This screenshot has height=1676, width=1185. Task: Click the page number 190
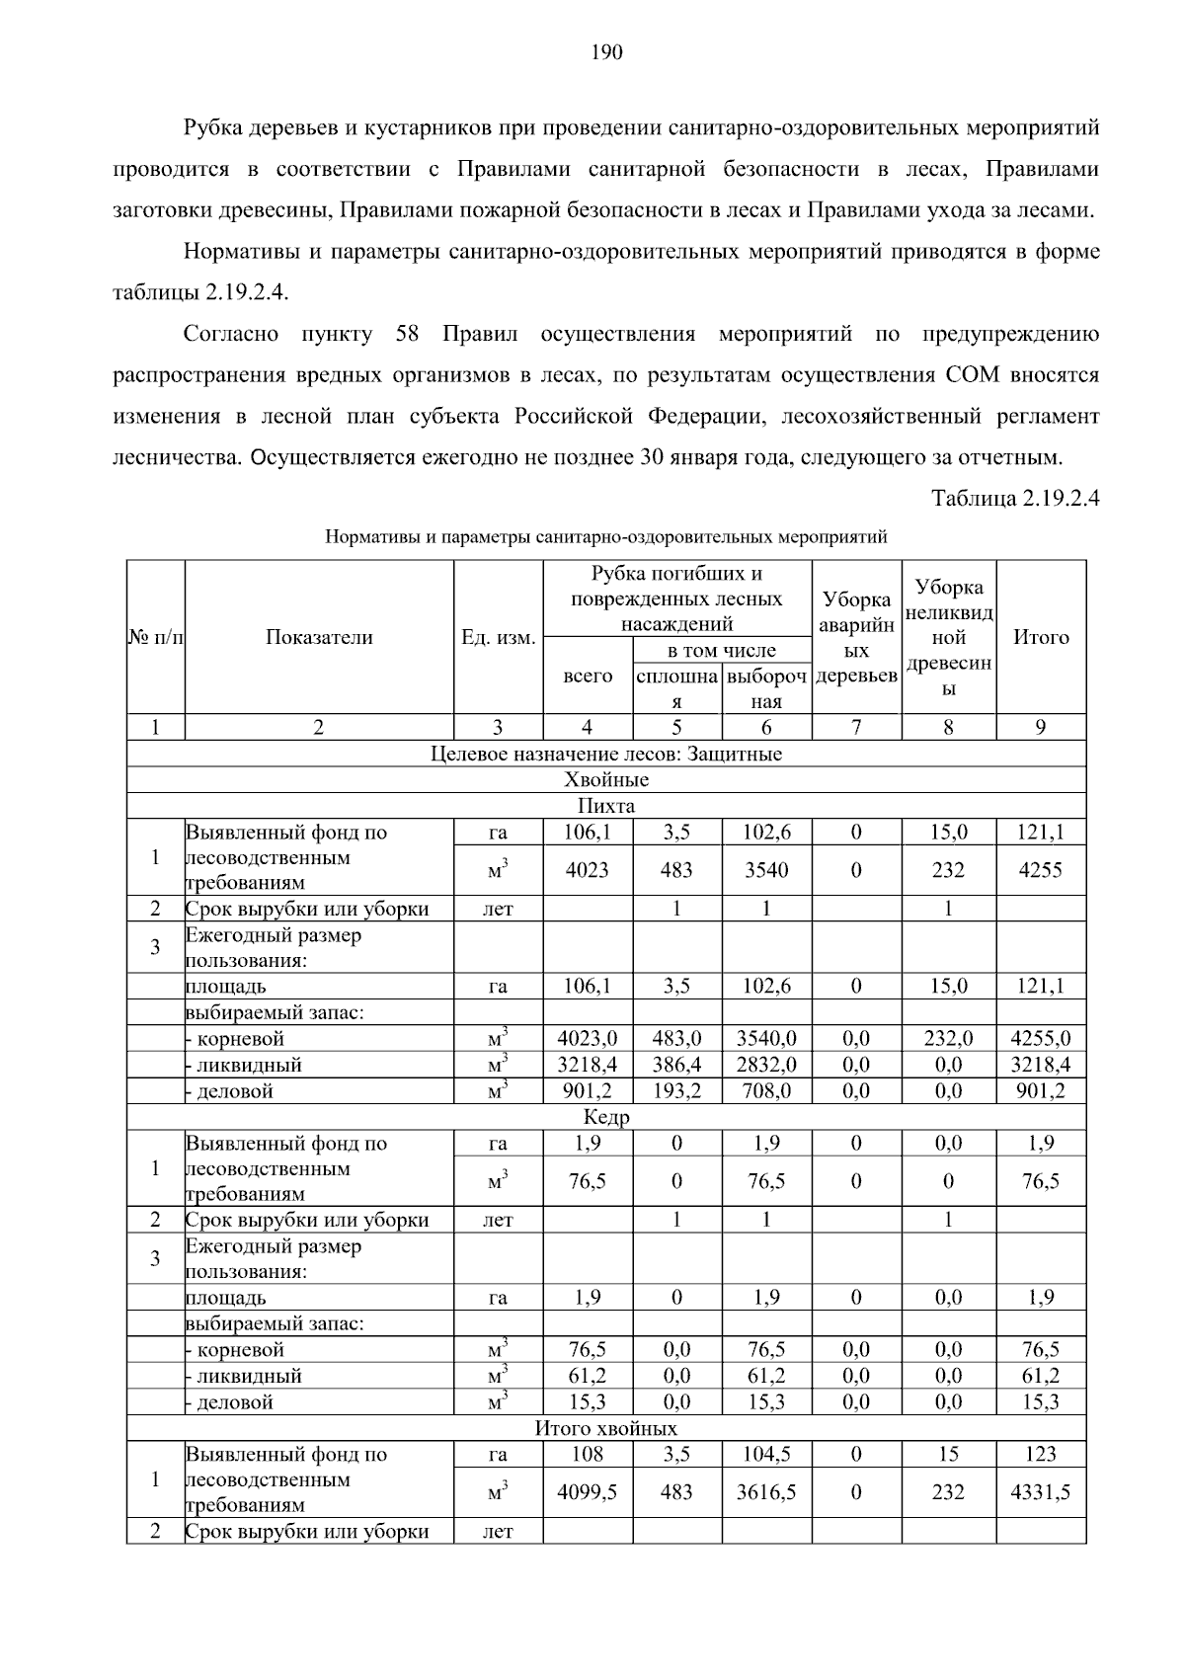(606, 52)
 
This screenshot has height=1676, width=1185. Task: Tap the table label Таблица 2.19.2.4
(1016, 498)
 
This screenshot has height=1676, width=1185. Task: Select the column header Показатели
(319, 637)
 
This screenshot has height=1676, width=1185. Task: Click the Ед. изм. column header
(498, 637)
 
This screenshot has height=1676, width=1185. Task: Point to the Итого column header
(1041, 637)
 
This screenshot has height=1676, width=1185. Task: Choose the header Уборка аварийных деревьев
(856, 637)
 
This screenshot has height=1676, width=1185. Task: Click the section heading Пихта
(605, 806)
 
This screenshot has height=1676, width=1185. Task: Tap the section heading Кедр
(605, 1117)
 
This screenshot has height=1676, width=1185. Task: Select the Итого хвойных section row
(605, 1428)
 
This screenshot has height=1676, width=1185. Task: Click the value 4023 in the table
(588, 870)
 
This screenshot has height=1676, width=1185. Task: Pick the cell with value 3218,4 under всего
(588, 1065)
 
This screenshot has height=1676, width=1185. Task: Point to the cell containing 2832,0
(766, 1065)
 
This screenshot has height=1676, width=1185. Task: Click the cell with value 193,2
(676, 1091)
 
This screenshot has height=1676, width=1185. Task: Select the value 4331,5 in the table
(1041, 1492)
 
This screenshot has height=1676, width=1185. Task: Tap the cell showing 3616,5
(766, 1492)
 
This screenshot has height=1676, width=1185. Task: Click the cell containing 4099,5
(588, 1492)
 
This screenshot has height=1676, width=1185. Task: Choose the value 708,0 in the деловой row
(766, 1091)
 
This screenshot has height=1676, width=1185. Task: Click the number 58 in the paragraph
(407, 334)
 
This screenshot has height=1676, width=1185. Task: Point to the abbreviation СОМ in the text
(972, 375)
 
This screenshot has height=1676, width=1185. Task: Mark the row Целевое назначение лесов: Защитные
(605, 754)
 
